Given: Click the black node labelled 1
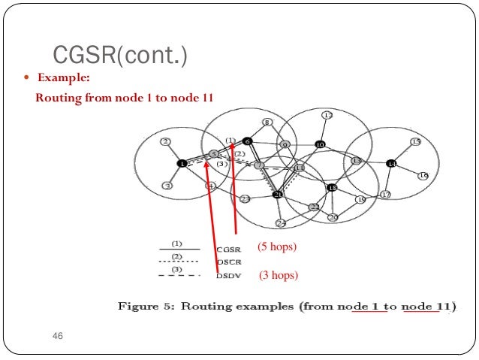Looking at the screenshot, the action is click(181, 163).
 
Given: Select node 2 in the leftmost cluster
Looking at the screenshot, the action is click(165, 141).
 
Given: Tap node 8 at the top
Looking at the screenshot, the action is click(267, 123).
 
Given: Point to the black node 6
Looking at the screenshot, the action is click(248, 141).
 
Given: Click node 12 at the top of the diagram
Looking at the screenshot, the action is click(327, 115).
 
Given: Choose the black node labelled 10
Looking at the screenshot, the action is click(320, 144).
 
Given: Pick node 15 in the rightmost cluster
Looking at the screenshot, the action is click(415, 142).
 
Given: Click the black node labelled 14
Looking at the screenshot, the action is click(391, 163).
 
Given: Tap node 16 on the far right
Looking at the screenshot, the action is click(423, 175).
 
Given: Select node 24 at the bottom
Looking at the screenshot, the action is click(281, 222).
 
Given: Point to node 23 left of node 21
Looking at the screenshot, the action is click(245, 199).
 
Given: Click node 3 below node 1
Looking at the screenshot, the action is click(168, 185).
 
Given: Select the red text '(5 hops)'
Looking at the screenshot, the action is click(277, 246).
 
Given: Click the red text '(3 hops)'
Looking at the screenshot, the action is click(279, 276).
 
